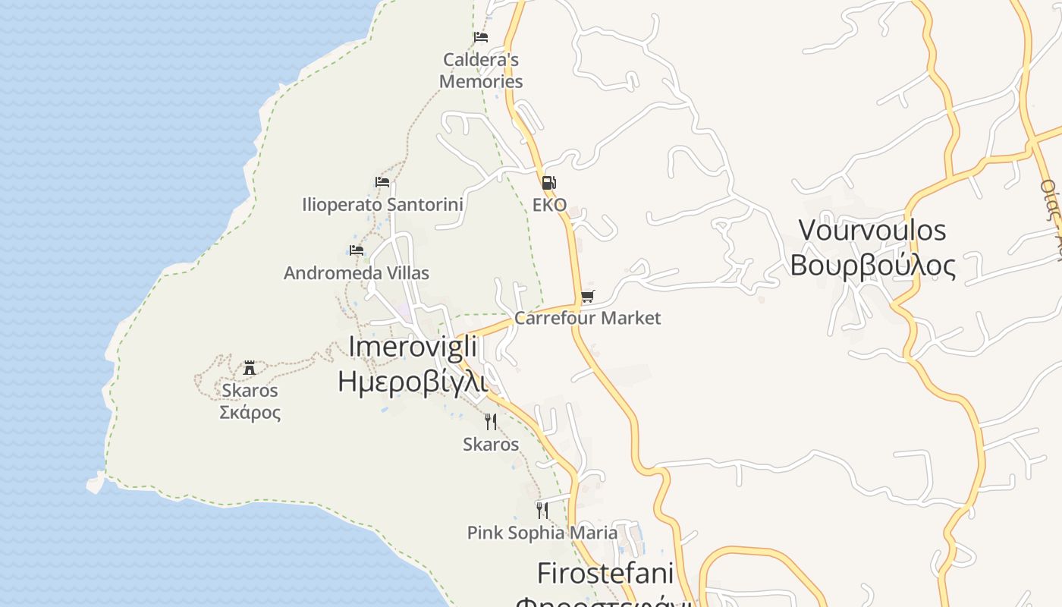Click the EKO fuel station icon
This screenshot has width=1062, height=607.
548,182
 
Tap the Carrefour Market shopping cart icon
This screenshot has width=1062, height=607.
588,296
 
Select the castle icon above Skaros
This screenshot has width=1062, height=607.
249,369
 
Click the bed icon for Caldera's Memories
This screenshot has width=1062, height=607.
480,36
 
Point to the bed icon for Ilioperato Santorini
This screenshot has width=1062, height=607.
382,182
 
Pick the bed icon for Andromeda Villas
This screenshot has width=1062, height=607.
357,250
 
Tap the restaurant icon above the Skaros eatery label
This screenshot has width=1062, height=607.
491,421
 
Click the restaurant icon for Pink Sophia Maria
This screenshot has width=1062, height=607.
542,510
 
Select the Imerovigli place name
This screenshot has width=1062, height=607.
413,347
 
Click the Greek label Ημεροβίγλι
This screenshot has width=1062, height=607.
413,380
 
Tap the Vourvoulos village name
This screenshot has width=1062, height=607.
872,229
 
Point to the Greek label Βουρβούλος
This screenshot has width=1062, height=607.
872,265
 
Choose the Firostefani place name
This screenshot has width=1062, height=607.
605,572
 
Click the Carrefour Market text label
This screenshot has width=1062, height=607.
588,318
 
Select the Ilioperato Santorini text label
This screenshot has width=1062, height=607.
382,204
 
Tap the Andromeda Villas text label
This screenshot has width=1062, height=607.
357,273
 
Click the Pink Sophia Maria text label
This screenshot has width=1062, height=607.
542,533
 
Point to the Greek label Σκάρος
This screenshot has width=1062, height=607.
250,413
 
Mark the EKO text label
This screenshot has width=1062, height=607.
549,205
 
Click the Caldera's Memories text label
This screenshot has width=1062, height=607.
481,70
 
